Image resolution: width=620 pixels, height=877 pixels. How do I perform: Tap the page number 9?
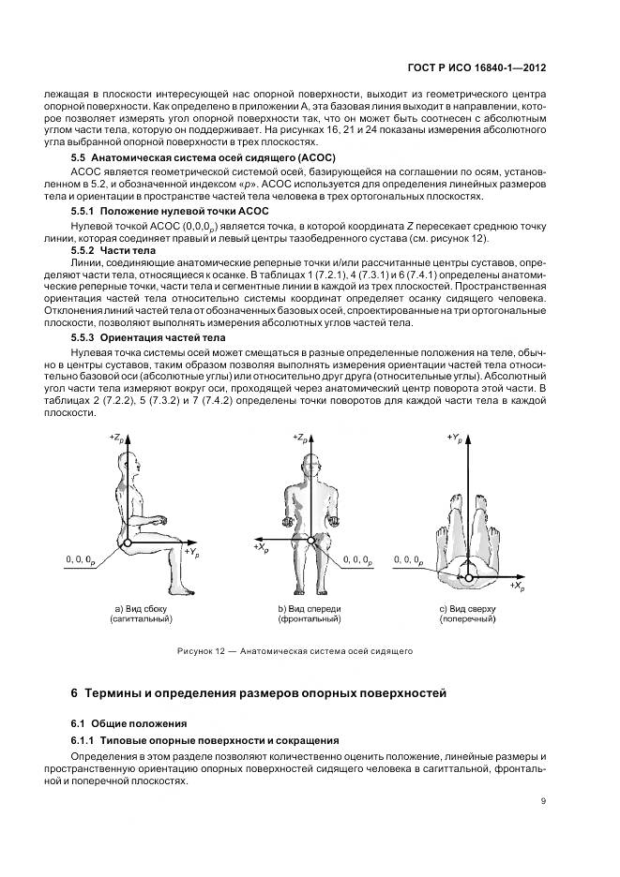[x=544, y=800]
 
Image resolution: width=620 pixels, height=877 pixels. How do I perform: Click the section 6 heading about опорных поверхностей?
[x=253, y=693]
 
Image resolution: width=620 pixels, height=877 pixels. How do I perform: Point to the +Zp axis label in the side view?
[x=117, y=438]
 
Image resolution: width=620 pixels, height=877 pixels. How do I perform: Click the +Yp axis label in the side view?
[x=191, y=553]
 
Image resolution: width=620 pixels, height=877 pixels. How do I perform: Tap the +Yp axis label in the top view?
[x=455, y=438]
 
